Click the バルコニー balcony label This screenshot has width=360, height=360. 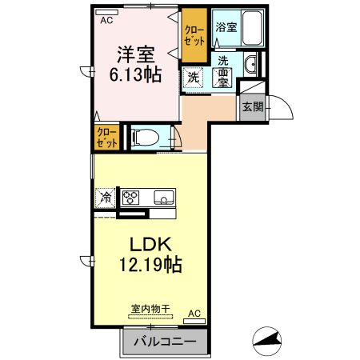[164, 342]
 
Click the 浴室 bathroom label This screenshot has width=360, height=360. [226, 27]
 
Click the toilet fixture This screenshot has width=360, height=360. [144, 137]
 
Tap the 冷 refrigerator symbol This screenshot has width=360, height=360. [105, 197]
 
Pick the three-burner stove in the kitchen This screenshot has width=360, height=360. [131, 197]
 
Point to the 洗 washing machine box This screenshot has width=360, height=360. [193, 77]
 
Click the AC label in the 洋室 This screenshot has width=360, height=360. [106, 22]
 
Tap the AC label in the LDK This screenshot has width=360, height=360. [194, 314]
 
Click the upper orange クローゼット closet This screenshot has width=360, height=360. [194, 35]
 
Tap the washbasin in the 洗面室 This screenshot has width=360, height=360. [249, 65]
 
